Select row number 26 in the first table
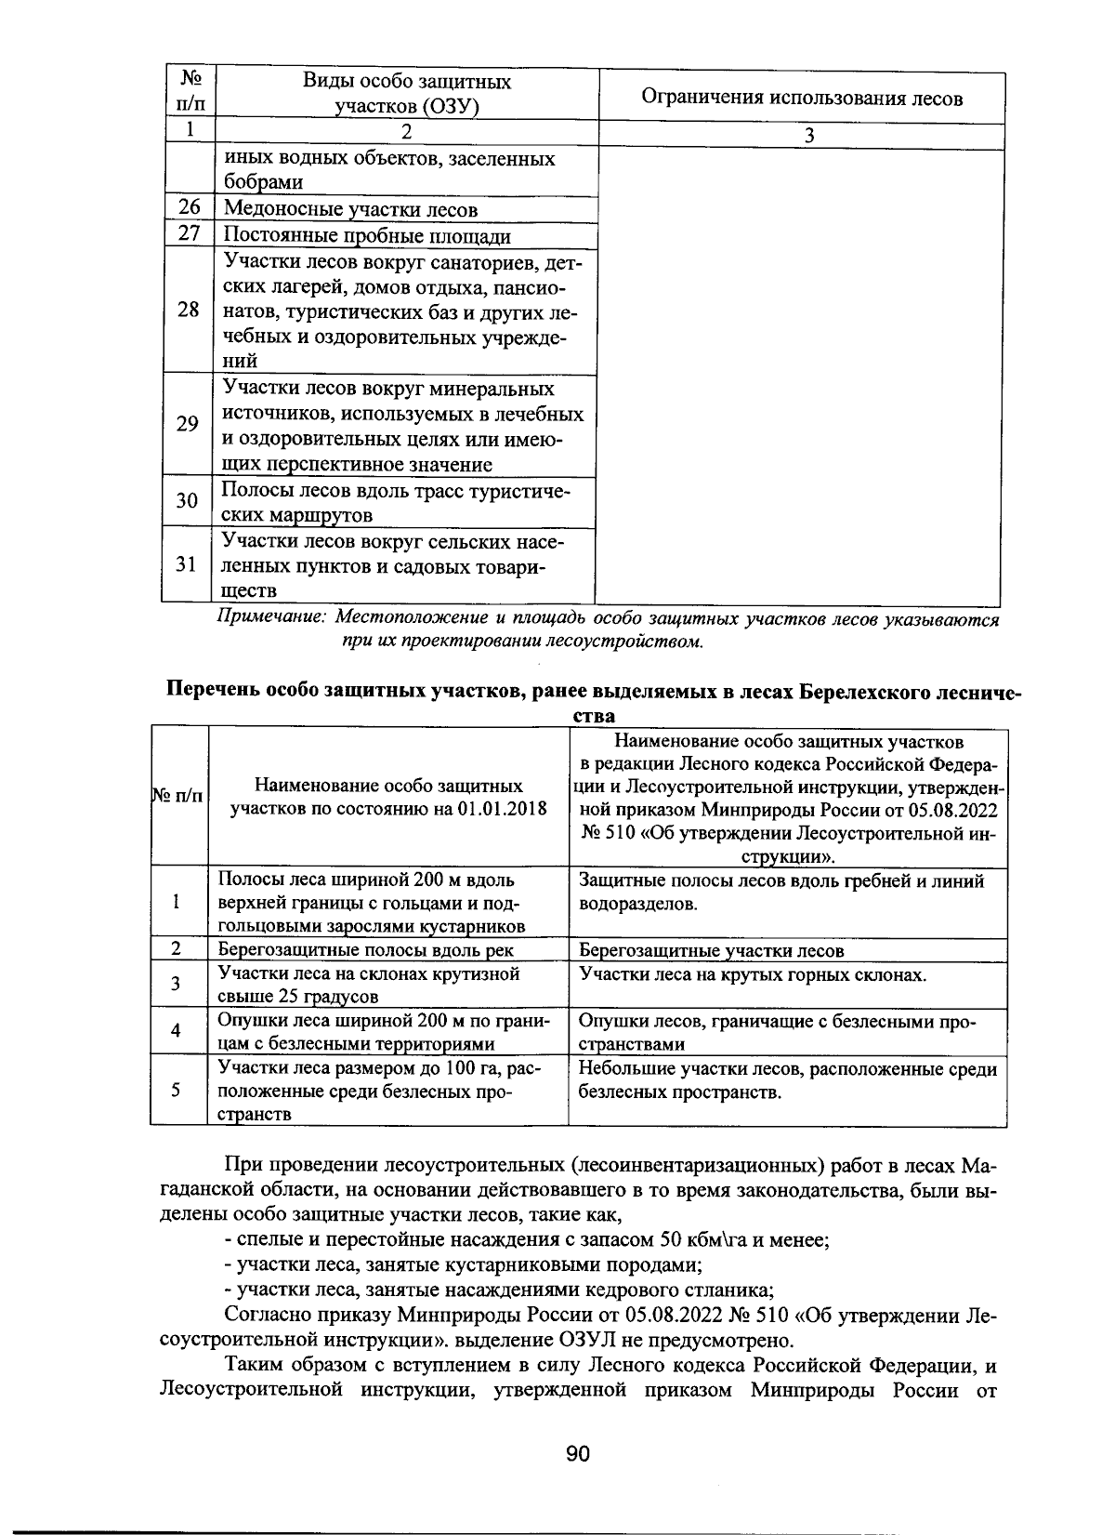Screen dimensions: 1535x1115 pos(189,208)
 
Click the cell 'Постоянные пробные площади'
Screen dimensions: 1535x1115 pos(367,236)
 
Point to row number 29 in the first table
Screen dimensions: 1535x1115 pos(188,424)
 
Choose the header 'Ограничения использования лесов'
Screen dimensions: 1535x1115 pos(802,99)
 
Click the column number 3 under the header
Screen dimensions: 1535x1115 pos(808,136)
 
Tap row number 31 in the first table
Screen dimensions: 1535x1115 pos(187,564)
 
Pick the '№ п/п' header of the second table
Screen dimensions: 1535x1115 pos(176,797)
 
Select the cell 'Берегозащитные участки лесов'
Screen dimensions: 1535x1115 pos(711,950)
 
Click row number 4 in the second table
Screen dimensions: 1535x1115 pos(176,1031)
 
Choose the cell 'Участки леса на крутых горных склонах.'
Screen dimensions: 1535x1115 pos(753,974)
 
